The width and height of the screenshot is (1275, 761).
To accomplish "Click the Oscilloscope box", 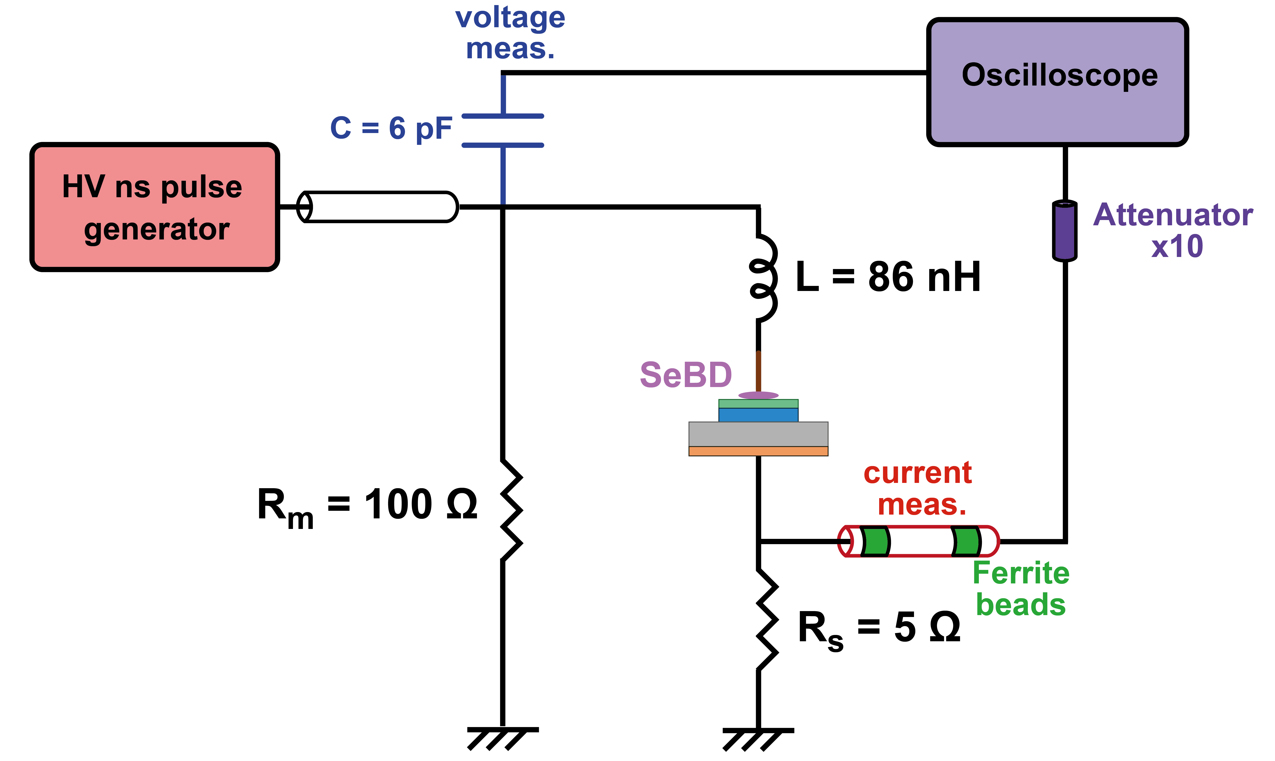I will (x=1058, y=82).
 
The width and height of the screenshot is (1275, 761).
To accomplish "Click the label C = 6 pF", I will (x=391, y=128).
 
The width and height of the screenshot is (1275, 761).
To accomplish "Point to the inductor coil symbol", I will (x=763, y=278).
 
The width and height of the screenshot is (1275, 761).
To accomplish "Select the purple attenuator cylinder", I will (x=1065, y=231).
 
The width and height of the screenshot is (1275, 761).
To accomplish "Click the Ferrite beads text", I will (x=1021, y=589).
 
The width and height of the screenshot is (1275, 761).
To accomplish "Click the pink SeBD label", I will (x=686, y=375).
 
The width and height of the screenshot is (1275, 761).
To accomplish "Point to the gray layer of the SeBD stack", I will (x=758, y=434).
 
